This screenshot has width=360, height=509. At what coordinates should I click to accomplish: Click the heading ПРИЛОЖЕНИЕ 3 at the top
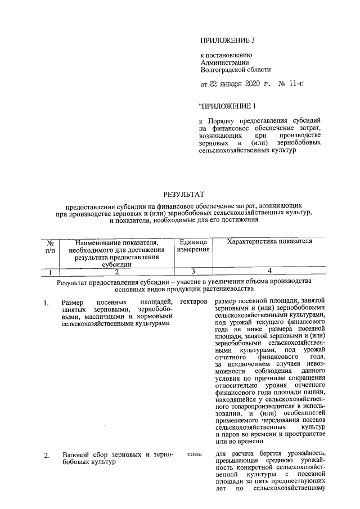(x=228, y=40)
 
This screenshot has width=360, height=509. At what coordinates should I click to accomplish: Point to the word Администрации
(x=224, y=63)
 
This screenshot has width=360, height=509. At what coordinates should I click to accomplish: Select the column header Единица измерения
(x=194, y=245)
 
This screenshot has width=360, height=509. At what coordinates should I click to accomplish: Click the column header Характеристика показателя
(x=269, y=241)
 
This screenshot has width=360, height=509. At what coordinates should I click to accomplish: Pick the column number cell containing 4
(x=269, y=272)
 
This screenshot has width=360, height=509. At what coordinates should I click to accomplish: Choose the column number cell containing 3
(x=193, y=272)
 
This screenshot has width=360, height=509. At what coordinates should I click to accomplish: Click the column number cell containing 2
(x=116, y=272)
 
